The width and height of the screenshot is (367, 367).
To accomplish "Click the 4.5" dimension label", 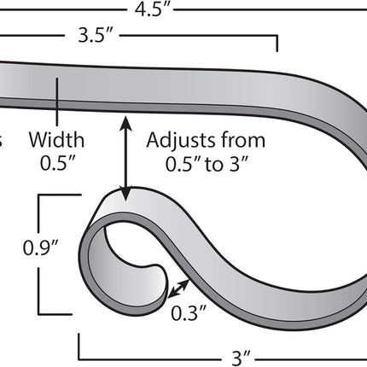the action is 152,9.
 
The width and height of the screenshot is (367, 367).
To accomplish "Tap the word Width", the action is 56,140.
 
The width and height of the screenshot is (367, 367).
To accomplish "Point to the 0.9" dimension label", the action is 41,248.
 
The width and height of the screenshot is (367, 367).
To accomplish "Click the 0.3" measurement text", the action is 188,313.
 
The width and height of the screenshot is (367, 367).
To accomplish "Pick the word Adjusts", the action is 181,141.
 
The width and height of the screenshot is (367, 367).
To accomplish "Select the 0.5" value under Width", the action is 57,164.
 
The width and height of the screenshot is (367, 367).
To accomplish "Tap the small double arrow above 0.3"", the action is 178,289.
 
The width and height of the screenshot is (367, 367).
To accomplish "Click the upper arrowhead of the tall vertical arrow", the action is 125,122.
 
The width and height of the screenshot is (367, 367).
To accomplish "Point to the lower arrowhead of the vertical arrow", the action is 125,194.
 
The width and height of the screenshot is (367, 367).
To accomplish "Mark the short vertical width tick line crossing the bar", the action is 57,102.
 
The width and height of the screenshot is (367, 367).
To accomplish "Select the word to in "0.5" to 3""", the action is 213,165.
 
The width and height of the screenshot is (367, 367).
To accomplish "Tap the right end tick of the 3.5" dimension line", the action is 277,44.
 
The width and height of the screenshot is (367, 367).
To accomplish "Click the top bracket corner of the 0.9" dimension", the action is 39,195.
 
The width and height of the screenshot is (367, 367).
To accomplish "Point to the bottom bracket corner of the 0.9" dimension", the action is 39,314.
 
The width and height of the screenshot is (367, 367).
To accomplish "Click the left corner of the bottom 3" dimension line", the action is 79,358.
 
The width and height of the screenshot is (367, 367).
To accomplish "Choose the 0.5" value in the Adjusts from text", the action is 183,165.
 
